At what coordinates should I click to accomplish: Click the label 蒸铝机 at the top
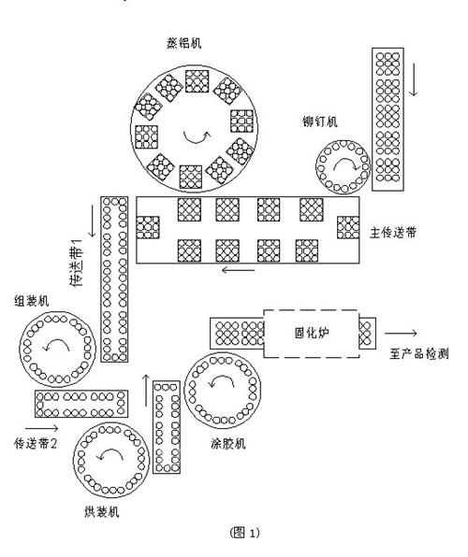click(x=184, y=43)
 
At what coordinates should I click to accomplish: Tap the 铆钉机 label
click(x=319, y=121)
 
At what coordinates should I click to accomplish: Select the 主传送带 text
click(x=393, y=233)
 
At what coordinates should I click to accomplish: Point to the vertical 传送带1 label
click(x=78, y=263)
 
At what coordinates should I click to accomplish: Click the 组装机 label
click(x=31, y=301)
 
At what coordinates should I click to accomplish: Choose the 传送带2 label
click(x=36, y=443)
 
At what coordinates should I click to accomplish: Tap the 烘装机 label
click(x=102, y=511)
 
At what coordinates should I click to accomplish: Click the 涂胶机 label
click(x=227, y=443)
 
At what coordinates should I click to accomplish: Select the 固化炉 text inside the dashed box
click(x=312, y=333)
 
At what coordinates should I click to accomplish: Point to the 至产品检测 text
click(x=419, y=354)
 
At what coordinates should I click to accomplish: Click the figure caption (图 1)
click(x=245, y=533)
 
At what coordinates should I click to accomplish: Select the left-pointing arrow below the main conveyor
click(x=239, y=270)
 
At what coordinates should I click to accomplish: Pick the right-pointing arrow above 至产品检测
click(x=401, y=334)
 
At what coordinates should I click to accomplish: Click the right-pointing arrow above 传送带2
click(x=41, y=428)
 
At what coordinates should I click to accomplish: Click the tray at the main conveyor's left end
click(x=148, y=227)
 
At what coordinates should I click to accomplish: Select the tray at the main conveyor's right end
click(x=348, y=227)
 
